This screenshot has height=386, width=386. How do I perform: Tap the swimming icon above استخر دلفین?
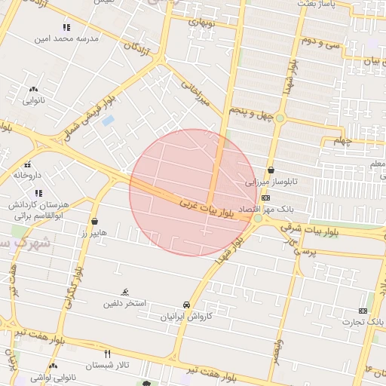pyautogui.click(x=125, y=293)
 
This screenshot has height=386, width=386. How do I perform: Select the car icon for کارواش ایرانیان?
pyautogui.click(x=186, y=305)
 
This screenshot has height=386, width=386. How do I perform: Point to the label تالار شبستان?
pyautogui.click(x=108, y=365)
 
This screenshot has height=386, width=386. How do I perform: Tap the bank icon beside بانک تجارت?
pyautogui.click(x=363, y=311)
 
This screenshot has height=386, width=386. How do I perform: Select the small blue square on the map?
pyautogui.click(x=108, y=120)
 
